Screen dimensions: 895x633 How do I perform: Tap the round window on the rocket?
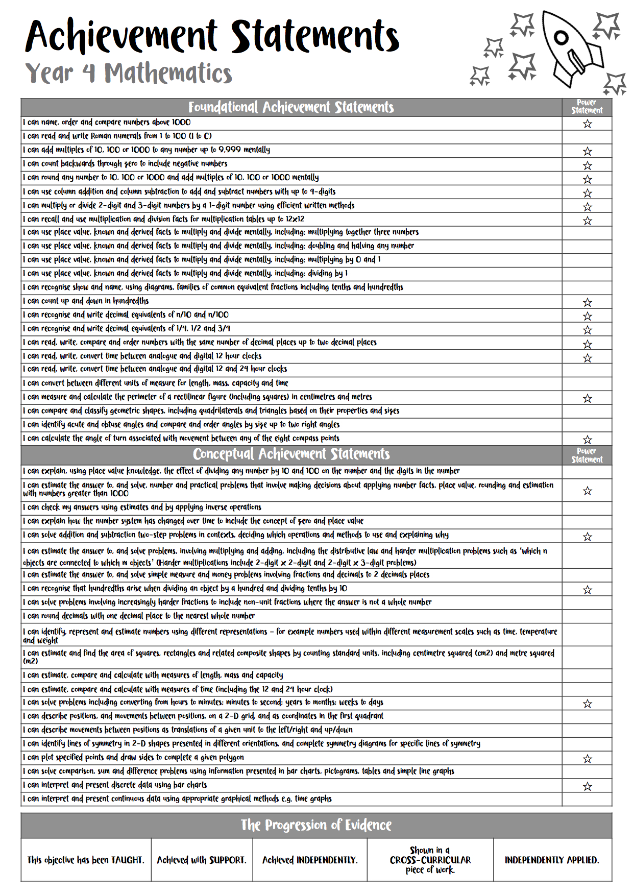(561, 37)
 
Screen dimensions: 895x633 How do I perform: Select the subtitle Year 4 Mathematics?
(129, 73)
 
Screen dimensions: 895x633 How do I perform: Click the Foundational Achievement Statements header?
(291, 107)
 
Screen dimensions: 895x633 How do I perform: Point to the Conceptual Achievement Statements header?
(291, 454)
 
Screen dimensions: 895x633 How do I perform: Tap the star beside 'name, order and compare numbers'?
(587, 124)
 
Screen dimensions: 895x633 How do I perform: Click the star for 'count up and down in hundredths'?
(587, 302)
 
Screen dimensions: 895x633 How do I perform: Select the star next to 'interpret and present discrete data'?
(587, 786)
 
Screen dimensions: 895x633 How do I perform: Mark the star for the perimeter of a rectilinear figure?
(587, 398)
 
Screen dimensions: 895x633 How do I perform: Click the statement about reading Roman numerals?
(117, 136)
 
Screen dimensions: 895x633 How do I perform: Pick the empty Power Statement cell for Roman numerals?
(587, 137)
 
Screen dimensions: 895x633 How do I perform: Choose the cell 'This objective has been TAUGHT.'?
(86, 860)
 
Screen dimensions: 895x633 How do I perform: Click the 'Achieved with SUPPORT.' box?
(202, 860)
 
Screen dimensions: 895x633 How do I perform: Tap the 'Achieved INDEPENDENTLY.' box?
(310, 860)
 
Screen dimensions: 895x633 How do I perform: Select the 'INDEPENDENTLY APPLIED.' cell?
(552, 860)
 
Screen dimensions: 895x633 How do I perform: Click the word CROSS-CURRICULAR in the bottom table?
(430, 860)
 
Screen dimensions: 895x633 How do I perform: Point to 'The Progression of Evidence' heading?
(316, 825)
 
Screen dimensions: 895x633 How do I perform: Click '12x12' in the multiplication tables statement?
(295, 219)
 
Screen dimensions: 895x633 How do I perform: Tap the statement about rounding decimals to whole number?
(138, 616)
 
